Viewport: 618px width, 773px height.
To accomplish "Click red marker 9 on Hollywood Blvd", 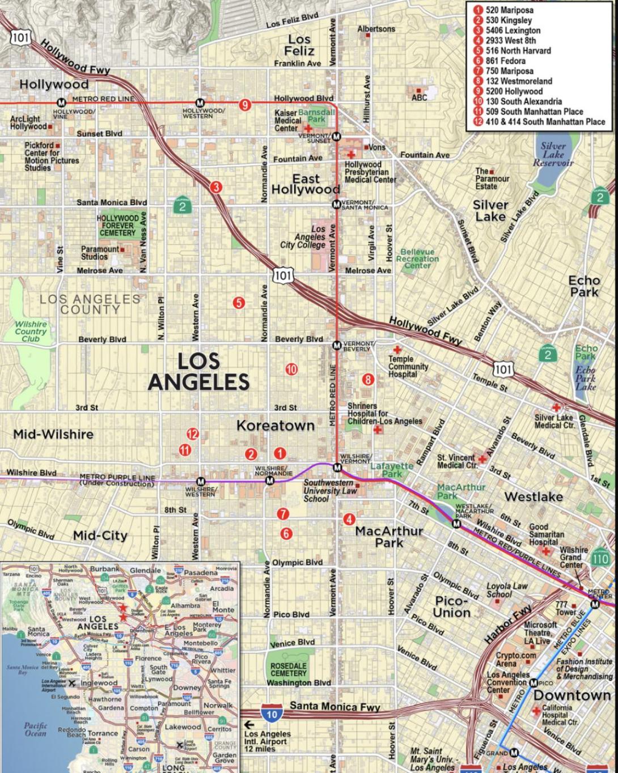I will [244, 104].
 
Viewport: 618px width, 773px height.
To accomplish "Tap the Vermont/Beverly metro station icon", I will [337, 345].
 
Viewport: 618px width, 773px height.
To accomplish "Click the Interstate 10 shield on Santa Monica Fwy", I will [272, 714].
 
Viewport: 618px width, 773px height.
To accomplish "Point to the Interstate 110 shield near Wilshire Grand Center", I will [600, 558].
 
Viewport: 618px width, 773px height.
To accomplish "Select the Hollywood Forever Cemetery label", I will [118, 226].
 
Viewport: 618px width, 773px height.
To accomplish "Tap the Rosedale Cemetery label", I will [288, 670].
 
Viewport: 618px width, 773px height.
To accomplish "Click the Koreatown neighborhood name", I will [275, 426].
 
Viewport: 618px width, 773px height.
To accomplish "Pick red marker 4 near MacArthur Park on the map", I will [349, 519].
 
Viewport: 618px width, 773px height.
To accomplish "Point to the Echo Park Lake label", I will [586, 378].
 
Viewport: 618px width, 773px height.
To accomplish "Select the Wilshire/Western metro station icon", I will [200, 481].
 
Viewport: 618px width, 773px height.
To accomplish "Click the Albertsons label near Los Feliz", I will [376, 29].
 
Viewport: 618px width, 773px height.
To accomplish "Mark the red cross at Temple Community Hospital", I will [397, 350].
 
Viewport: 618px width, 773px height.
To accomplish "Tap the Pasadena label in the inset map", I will [201, 573].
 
